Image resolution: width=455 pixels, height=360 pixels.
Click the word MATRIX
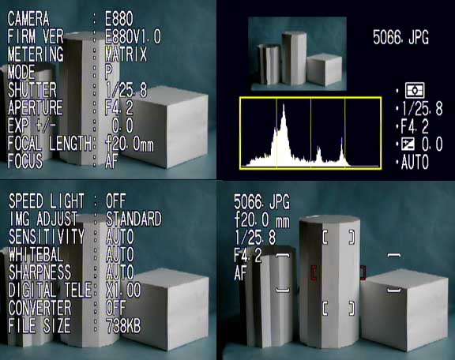(x=126, y=54)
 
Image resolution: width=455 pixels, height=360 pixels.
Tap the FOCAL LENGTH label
(x=49, y=144)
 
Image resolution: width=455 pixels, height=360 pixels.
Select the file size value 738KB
(x=123, y=326)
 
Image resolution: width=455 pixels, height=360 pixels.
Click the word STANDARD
(x=133, y=219)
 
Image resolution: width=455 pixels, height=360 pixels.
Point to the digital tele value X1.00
(x=123, y=290)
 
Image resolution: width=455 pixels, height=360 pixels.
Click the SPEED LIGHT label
(x=47, y=201)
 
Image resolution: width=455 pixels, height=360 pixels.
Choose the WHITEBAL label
(x=36, y=254)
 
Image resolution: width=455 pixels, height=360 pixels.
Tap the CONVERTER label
(x=39, y=308)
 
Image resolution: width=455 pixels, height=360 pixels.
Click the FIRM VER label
(x=36, y=36)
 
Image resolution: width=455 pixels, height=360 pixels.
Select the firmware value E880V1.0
(x=133, y=36)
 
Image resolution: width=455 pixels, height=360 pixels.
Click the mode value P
(x=109, y=72)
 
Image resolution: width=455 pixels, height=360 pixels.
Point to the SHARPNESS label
(x=39, y=272)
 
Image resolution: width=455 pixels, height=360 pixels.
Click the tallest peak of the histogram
(x=284, y=106)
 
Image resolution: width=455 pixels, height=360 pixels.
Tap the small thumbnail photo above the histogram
(x=297, y=54)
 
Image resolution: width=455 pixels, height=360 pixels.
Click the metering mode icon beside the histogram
(x=415, y=91)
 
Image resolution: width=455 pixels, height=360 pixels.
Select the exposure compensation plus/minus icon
(x=408, y=144)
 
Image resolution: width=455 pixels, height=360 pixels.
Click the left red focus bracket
(x=313, y=272)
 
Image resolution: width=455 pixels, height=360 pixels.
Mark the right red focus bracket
(x=363, y=272)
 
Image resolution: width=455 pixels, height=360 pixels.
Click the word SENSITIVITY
(x=47, y=236)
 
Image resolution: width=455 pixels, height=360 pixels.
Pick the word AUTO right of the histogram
(x=415, y=162)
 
